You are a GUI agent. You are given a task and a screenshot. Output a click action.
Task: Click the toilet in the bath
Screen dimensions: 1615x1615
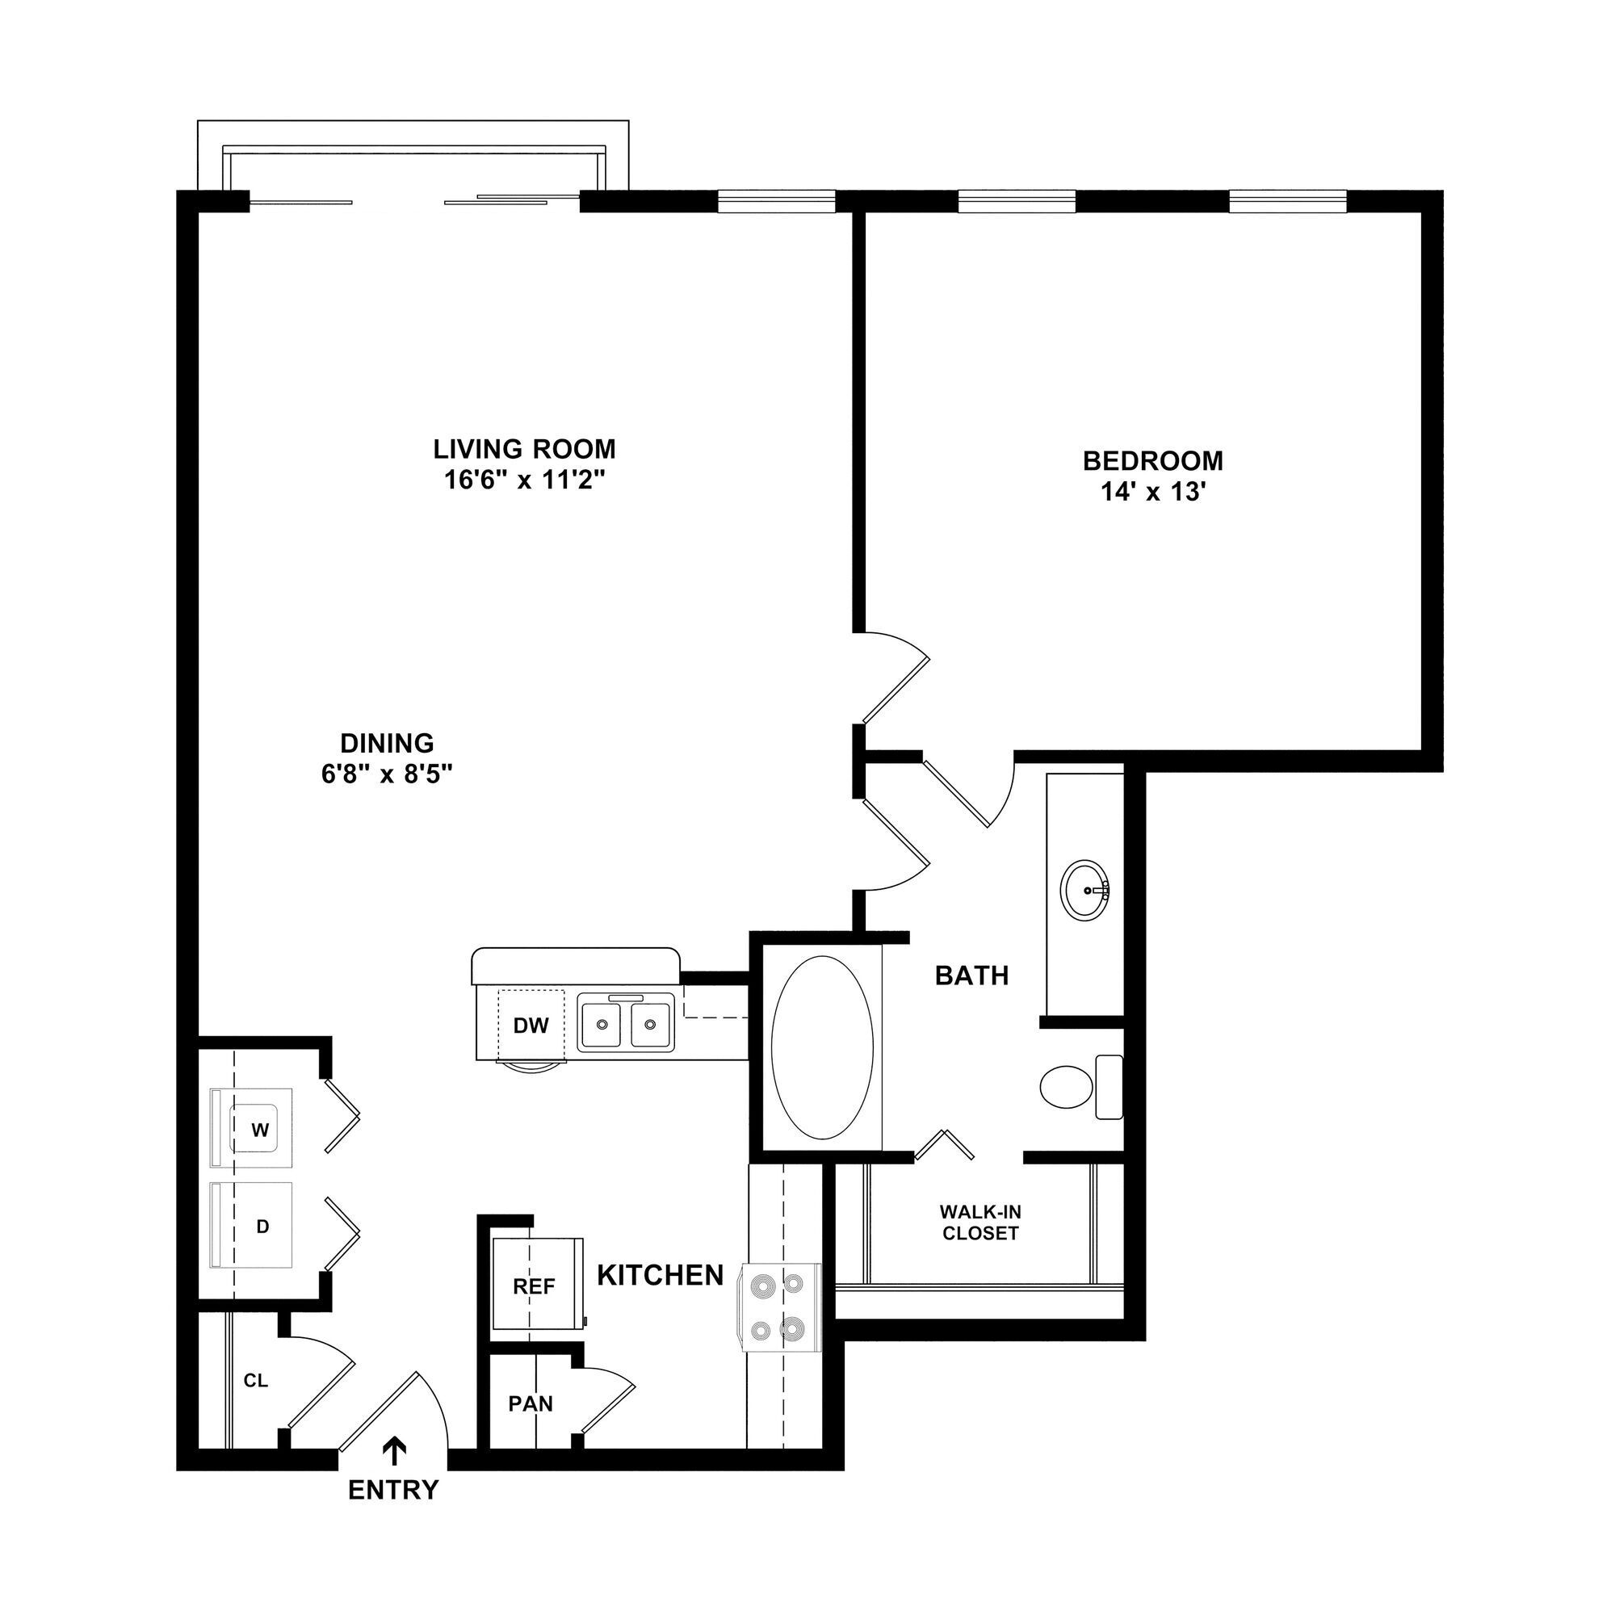(1078, 1087)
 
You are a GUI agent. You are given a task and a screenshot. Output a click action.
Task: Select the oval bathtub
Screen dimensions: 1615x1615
(822, 1047)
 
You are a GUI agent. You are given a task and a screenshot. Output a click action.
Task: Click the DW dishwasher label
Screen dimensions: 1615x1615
(531, 1026)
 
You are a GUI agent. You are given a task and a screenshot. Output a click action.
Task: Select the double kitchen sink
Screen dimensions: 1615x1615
(626, 1021)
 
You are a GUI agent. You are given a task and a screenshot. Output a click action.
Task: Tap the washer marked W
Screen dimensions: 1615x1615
(260, 1130)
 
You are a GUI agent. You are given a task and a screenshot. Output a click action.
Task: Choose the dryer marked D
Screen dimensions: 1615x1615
(262, 1227)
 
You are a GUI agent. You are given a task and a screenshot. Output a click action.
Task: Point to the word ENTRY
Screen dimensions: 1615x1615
(393, 1490)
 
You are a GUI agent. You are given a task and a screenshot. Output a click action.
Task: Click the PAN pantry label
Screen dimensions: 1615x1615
(531, 1403)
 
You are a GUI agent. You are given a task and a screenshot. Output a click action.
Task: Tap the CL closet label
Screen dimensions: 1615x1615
(256, 1381)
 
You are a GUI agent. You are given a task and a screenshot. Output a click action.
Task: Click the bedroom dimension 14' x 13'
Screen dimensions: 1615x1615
(1153, 493)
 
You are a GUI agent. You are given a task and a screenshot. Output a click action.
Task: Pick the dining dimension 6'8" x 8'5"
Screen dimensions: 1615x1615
(387, 775)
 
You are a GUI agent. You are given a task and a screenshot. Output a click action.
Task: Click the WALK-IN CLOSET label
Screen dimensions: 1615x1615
(980, 1222)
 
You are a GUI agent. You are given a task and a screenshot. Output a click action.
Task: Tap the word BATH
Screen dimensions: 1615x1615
(971, 975)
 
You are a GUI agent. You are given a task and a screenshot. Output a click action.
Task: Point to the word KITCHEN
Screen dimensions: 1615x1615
(661, 1275)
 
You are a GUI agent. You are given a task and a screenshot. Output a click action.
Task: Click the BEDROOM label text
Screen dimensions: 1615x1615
(1153, 460)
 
